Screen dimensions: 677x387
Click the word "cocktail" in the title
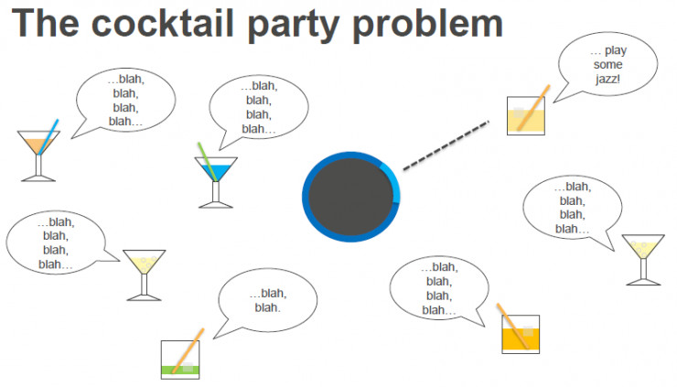(x=162, y=23)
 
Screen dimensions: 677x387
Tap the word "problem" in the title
(x=427, y=26)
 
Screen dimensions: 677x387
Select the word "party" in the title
(x=293, y=26)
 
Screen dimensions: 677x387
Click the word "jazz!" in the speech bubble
(x=607, y=79)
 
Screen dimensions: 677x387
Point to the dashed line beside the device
(x=446, y=145)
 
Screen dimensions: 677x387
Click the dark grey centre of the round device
(x=350, y=197)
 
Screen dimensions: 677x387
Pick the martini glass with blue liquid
(x=215, y=181)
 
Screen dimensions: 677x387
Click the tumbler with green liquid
(x=180, y=360)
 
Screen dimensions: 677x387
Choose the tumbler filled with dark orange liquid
(x=521, y=334)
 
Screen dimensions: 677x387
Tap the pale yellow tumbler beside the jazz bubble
(x=525, y=116)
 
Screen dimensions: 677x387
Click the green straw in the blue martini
(x=207, y=162)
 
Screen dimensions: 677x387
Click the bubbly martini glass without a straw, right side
(x=643, y=260)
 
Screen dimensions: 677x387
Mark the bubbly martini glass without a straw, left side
(x=145, y=274)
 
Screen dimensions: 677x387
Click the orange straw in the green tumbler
(x=188, y=350)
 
